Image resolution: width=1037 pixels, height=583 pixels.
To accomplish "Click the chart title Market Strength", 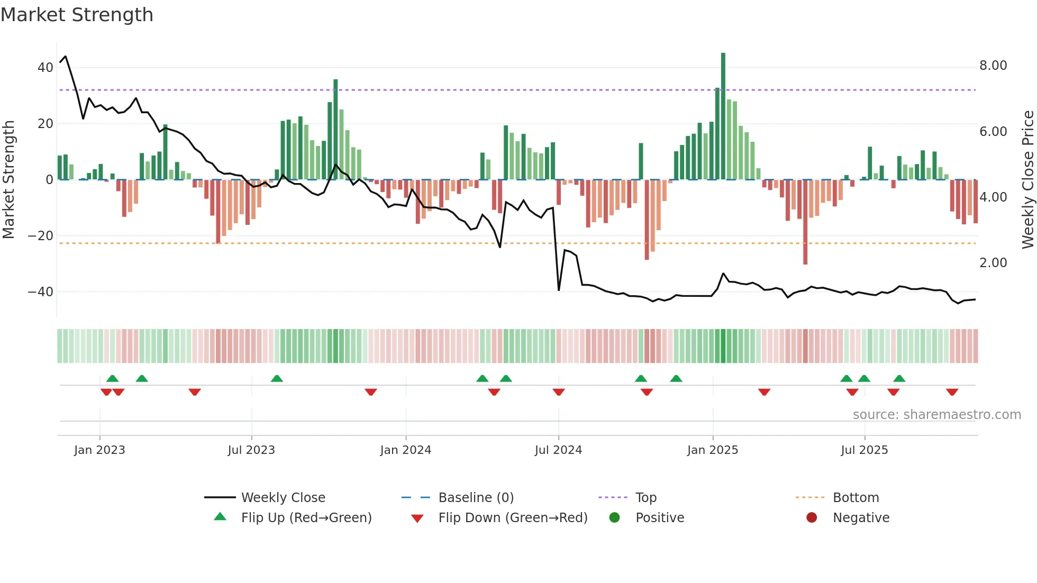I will (77, 15).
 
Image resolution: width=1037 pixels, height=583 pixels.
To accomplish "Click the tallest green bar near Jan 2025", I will (723, 116).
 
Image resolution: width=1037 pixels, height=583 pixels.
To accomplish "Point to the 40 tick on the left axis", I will (46, 68).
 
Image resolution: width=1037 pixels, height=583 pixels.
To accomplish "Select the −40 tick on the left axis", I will (41, 292).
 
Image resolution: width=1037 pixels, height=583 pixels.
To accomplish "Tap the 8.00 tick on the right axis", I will (993, 66).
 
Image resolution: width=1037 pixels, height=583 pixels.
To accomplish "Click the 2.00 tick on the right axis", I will (993, 263).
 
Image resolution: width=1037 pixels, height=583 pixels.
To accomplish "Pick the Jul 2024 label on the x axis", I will (558, 450).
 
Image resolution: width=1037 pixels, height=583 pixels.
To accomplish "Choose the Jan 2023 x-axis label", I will (99, 450).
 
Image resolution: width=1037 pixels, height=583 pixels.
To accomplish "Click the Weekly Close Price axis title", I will (1027, 180).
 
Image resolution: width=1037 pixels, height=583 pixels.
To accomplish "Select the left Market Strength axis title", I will (8, 180).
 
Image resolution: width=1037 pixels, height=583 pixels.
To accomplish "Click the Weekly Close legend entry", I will (283, 498).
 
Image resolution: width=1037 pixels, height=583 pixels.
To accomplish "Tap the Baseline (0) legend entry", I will (476, 498).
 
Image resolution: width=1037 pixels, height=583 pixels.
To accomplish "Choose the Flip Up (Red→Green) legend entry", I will (306, 518).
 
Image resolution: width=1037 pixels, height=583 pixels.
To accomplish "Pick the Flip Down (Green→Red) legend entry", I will (512, 518).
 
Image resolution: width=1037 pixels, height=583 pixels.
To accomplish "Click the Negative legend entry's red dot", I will (812, 518).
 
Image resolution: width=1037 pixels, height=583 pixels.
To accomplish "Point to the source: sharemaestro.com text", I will (936, 415).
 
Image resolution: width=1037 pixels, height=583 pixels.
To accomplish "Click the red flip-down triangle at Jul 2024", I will (559, 392).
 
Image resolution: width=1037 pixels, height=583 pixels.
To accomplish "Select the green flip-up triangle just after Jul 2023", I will (277, 378).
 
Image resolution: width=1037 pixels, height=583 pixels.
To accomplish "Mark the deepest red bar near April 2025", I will (805, 222).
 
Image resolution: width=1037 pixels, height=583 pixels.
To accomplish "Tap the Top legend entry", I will (645, 498).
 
